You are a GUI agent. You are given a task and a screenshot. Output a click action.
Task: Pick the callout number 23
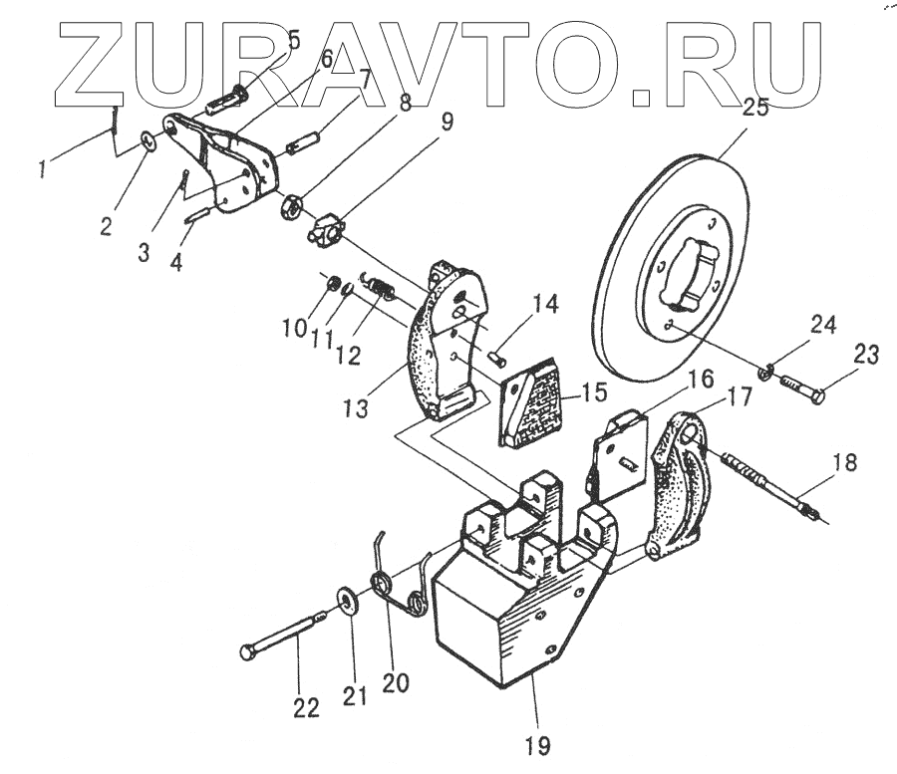coord(865,355)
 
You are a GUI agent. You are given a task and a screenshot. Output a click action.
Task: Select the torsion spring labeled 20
coord(407,586)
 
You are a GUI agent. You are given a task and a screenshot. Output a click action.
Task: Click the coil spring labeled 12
coord(383,288)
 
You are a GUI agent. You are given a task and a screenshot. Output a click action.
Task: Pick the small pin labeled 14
coord(499,351)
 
